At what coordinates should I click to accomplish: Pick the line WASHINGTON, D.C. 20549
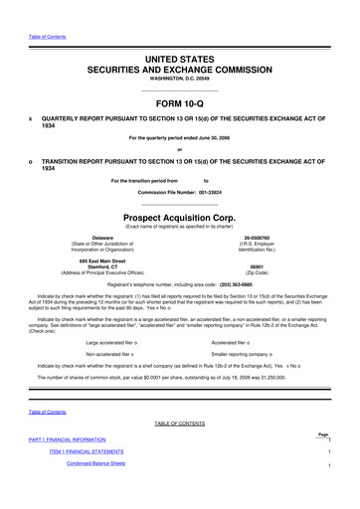click(x=180, y=53)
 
